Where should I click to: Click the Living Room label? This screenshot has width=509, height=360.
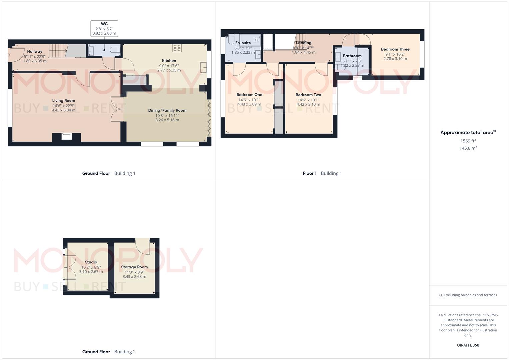[63, 101]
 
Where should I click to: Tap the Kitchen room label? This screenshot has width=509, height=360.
[169, 61]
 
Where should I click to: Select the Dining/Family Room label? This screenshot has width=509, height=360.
[167, 110]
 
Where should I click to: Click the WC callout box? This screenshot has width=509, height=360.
[104, 29]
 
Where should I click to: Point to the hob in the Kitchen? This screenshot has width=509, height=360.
[177, 48]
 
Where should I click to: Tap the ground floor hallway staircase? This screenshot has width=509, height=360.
[58, 52]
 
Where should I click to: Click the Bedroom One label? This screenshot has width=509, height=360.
[249, 95]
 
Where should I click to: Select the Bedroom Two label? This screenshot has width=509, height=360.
[308, 95]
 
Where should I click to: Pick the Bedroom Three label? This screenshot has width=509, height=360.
[395, 49]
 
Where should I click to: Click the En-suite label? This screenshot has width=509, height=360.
[243, 43]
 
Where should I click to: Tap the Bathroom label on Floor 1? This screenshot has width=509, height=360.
[352, 56]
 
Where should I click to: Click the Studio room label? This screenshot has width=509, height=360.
[91, 262]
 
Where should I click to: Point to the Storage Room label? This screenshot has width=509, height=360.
[134, 267]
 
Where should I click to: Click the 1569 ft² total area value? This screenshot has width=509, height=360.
[468, 141]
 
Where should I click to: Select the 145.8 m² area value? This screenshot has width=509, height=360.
[468, 148]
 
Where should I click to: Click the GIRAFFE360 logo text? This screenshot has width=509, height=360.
[468, 345]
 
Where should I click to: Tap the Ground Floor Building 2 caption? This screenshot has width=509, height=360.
[109, 352]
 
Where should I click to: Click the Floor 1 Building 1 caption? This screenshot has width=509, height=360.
[322, 173]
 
